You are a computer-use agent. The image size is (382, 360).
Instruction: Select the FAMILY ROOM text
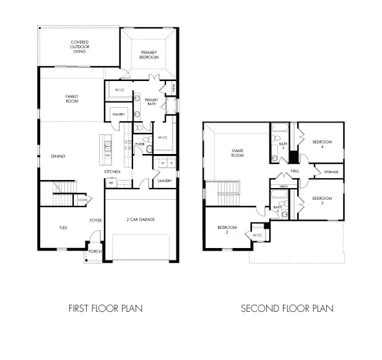point(73,98)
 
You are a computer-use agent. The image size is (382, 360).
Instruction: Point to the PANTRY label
point(119,114)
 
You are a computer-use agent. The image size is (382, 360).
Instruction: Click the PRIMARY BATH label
point(152,102)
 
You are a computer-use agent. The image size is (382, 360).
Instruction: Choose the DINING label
point(58,156)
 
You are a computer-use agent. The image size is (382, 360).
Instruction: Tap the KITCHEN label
point(112,171)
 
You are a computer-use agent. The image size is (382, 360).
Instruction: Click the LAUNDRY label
point(164,181)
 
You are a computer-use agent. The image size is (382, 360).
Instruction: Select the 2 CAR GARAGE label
point(141,220)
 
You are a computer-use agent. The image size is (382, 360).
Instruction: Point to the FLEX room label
point(63,228)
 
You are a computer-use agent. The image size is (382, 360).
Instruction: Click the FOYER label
point(95,220)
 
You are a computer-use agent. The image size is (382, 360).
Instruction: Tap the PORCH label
point(95,252)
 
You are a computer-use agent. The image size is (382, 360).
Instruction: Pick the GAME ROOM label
point(238,153)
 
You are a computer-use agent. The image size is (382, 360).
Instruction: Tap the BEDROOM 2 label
point(228,230)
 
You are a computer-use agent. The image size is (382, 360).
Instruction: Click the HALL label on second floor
point(295,171)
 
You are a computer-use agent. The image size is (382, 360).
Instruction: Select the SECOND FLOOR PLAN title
point(287,307)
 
